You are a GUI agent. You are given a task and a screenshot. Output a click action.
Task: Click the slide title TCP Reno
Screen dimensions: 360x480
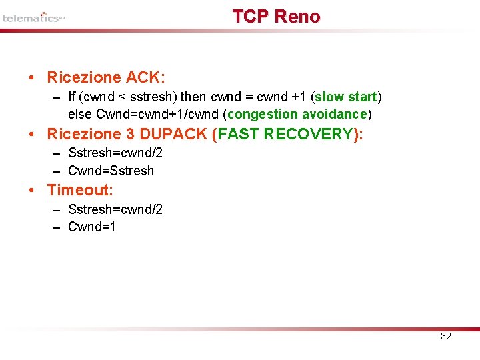pyautogui.click(x=276, y=17)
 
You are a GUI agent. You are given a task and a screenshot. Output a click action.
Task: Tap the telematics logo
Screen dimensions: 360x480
pyautogui.click(x=33, y=18)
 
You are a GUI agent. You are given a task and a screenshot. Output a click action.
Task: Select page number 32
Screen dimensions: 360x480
pyautogui.click(x=446, y=336)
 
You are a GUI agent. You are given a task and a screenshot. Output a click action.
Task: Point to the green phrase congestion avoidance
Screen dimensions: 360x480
pyautogui.click(x=297, y=115)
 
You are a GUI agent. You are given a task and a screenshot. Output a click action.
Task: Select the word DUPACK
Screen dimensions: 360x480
pyautogui.click(x=176, y=134)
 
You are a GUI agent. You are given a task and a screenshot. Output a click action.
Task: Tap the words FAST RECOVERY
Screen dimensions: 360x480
pyautogui.click(x=287, y=134)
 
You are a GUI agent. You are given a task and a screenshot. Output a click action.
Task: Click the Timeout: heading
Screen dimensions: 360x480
pyautogui.click(x=80, y=190)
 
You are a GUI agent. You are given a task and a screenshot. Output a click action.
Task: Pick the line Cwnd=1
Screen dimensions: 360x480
pyautogui.click(x=92, y=227)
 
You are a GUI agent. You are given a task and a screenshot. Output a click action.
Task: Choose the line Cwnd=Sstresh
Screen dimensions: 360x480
pyautogui.click(x=111, y=171)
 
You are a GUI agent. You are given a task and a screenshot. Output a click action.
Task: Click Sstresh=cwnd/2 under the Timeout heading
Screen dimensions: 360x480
pyautogui.click(x=115, y=209)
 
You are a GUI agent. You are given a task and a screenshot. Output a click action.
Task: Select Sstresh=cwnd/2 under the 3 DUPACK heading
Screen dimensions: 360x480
pyautogui.click(x=115, y=153)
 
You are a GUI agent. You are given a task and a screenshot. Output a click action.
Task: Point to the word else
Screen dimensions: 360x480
pyautogui.click(x=80, y=115)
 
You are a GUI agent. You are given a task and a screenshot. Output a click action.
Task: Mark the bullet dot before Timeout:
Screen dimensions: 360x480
pyautogui.click(x=32, y=191)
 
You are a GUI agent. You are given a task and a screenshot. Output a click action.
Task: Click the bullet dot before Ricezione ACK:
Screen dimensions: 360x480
pyautogui.click(x=32, y=78)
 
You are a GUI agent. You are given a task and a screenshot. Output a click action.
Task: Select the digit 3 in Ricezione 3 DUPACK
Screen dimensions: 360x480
pyautogui.click(x=130, y=134)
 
